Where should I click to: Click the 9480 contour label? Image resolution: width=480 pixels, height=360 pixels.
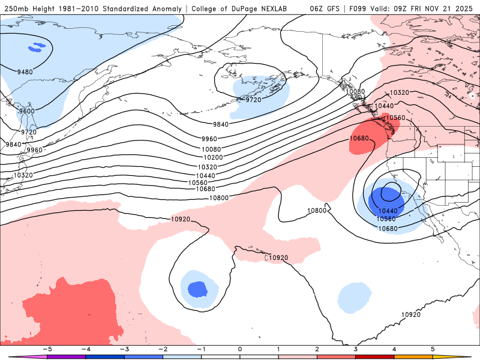[25, 72]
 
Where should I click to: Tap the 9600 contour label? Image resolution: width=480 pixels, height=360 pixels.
[26, 111]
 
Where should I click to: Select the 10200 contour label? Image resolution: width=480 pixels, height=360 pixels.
[210, 158]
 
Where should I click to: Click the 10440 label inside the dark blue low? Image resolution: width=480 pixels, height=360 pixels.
[388, 211]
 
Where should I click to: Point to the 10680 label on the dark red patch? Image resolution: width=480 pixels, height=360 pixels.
[359, 139]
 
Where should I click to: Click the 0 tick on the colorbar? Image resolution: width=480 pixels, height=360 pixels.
[239, 349]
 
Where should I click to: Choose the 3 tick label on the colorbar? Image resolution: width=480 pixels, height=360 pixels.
[356, 349]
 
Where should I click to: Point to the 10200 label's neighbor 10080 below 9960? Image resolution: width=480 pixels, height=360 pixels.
[211, 149]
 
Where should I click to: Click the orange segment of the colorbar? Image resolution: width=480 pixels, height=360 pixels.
[413, 356]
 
